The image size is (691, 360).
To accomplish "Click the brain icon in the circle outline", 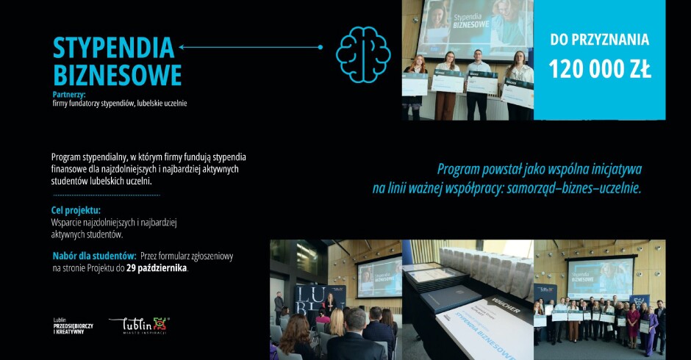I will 362,49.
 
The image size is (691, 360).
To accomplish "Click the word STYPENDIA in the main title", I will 113,48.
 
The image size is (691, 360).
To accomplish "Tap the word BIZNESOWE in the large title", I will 117,75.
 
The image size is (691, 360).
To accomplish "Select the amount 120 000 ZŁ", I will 599,70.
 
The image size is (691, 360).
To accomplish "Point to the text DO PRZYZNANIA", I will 599,40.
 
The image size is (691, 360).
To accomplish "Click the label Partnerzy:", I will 69,95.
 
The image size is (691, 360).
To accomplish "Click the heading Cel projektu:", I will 76,210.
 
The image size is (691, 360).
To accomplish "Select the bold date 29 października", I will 157,268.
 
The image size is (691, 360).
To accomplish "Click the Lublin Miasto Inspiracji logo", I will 139,325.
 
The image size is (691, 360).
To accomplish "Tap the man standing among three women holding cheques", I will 479,82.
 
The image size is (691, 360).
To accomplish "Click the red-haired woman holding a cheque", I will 415,84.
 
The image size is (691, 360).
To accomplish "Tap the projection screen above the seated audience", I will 379,276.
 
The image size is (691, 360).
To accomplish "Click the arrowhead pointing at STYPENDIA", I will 181,48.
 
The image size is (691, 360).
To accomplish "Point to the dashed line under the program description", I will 107,195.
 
